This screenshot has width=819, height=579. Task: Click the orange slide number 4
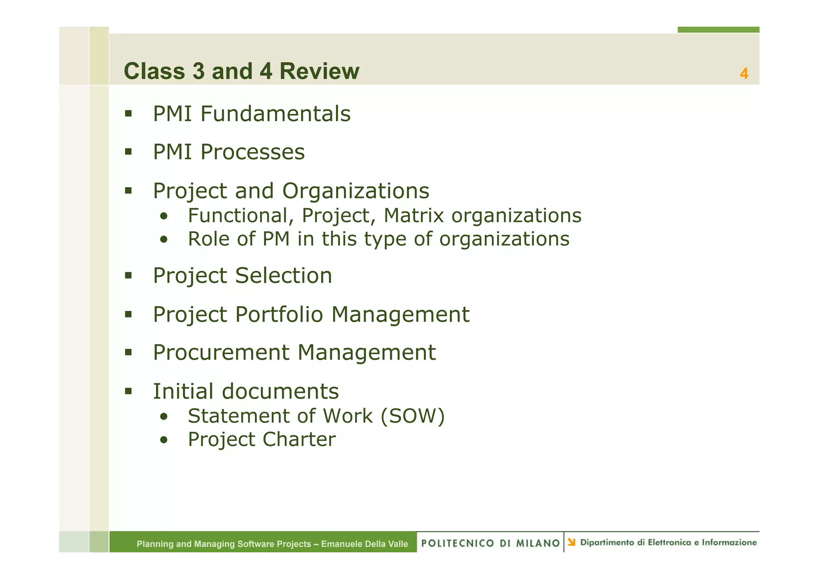pos(744,74)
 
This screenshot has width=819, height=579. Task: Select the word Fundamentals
pos(276,114)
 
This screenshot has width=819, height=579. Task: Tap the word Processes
pos(252,152)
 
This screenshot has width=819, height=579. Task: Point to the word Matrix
pos(413,216)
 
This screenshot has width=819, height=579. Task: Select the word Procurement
pos(221,353)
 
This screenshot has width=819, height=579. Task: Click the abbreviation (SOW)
pos(412,416)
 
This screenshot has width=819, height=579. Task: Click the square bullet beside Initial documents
pos(128,391)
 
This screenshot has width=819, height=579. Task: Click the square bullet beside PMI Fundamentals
pos(128,114)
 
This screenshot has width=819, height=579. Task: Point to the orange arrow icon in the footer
pos(571,542)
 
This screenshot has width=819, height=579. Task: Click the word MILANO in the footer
pos(538,543)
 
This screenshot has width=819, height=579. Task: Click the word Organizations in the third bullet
pos(356,191)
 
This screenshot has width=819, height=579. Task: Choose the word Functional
pos(238,216)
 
